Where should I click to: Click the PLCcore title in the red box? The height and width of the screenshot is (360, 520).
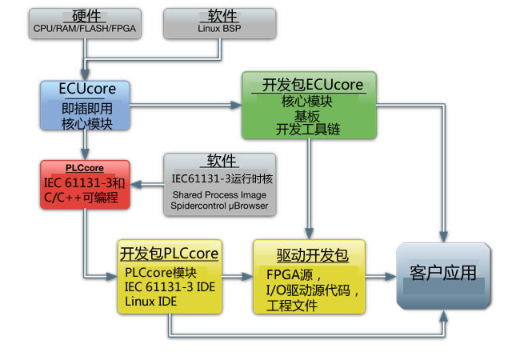tap(84, 169)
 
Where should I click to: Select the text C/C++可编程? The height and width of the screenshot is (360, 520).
tap(84, 196)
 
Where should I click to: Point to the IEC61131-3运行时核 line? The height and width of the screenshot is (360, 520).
tap(220, 178)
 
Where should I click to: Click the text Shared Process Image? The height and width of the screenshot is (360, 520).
tap(220, 194)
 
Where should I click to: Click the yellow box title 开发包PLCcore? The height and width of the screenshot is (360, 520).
tap(170, 254)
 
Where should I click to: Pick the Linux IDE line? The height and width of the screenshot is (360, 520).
tap(152, 300)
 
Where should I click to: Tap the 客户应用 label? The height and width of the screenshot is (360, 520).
tap(442, 273)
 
